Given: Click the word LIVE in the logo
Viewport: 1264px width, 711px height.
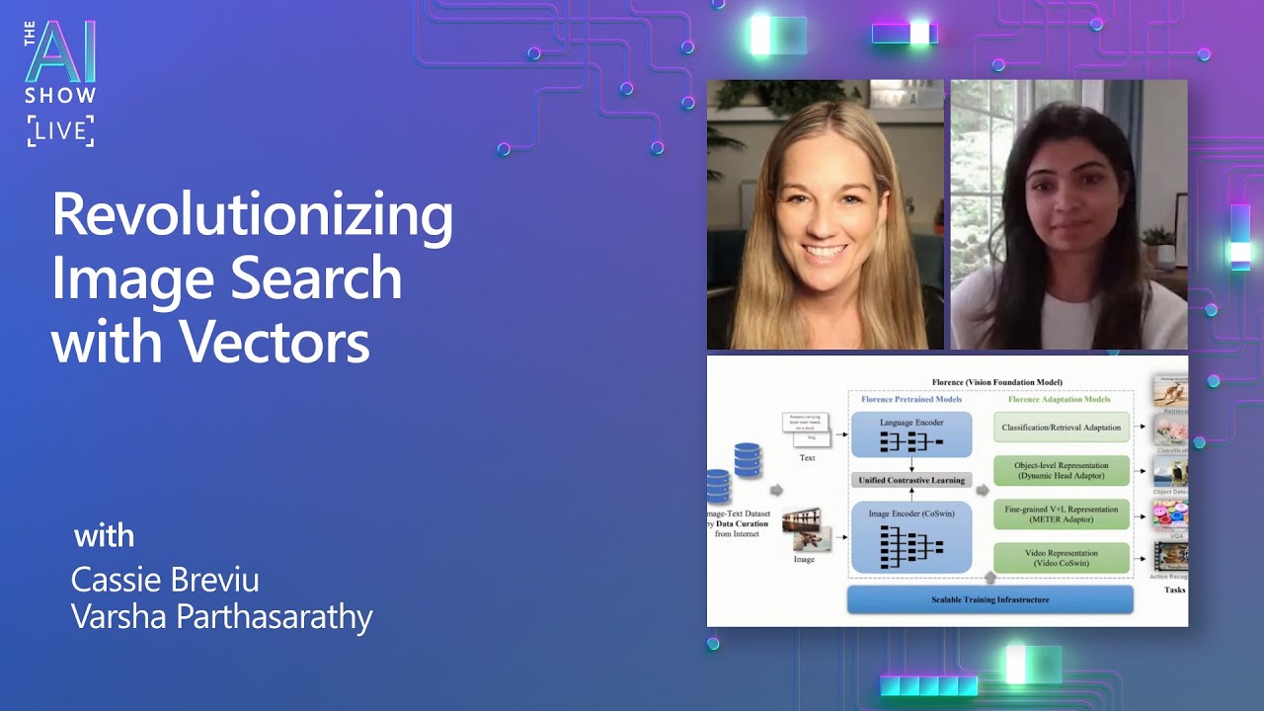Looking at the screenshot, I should click(x=61, y=131).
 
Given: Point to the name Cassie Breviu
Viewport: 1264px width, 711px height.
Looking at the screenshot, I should click(x=165, y=580).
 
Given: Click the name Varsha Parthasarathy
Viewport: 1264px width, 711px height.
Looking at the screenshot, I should click(x=221, y=617).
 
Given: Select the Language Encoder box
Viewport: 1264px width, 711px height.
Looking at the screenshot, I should click(x=910, y=434).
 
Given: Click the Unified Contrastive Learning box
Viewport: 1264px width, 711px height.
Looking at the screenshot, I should click(x=910, y=480).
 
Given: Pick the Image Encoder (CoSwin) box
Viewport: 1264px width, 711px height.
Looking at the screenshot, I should click(x=910, y=536).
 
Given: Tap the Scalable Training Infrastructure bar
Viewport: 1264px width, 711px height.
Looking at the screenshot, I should click(x=989, y=599).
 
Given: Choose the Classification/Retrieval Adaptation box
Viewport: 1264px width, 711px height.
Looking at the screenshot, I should click(x=1061, y=428).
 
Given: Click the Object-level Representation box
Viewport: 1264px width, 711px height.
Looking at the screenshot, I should click(x=1061, y=471).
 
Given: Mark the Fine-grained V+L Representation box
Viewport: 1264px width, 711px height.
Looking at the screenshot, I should click(x=1061, y=514).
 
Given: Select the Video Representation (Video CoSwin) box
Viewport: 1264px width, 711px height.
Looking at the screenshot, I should click(x=1061, y=557).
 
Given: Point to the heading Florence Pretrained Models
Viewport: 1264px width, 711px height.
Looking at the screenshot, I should click(x=910, y=400).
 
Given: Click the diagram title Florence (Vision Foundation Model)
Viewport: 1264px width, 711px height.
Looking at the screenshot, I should click(x=996, y=382).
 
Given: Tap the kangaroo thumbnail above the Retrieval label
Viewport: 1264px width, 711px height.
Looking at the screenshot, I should click(x=1170, y=392).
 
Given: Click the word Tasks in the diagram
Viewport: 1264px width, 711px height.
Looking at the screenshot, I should click(x=1173, y=590).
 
